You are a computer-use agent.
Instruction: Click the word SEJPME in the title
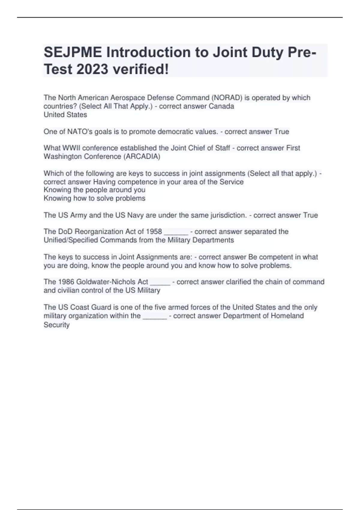(73, 52)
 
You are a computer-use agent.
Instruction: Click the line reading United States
(65, 115)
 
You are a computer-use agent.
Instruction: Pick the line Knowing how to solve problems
(94, 198)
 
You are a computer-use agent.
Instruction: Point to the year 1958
(154, 232)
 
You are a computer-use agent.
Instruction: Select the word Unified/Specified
(71, 240)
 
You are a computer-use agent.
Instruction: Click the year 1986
(66, 282)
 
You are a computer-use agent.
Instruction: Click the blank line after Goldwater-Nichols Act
(160, 283)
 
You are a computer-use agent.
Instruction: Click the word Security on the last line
(56, 325)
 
